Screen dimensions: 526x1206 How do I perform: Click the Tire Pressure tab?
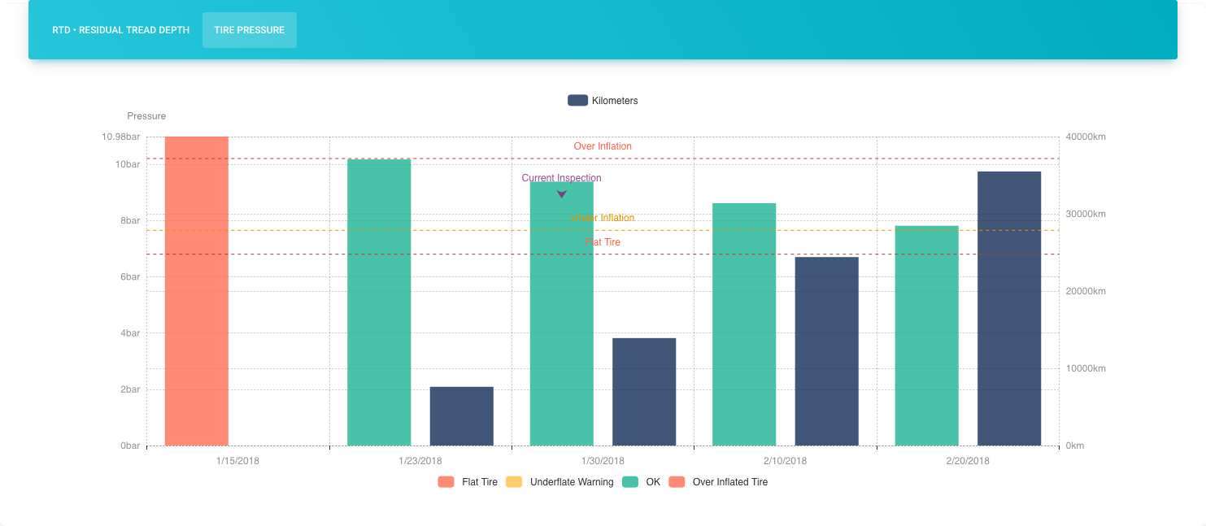pos(249,30)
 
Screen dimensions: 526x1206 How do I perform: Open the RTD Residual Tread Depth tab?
pos(120,30)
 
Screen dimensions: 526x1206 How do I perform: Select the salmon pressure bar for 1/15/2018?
pos(196,291)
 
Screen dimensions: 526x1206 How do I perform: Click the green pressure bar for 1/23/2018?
pos(379,302)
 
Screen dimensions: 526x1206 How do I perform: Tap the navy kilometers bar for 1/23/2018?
pos(461,416)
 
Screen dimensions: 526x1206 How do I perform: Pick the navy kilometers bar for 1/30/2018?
pos(643,392)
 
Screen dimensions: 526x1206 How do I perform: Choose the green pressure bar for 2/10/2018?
pos(744,324)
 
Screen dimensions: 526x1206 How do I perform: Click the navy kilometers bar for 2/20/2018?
pos(1008,309)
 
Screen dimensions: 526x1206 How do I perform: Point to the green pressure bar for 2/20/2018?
pos(926,336)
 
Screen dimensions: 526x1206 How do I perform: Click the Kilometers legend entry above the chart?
pos(603,101)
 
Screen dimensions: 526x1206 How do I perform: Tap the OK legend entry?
pos(642,482)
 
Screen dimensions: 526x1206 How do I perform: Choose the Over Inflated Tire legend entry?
pos(719,482)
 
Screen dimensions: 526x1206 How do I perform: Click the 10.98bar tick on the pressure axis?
pos(121,137)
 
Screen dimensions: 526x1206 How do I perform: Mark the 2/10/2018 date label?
pos(785,461)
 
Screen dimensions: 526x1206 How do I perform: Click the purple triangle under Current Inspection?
pos(561,194)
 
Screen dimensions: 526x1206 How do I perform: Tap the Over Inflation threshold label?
pos(603,146)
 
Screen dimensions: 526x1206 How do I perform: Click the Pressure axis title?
pos(146,116)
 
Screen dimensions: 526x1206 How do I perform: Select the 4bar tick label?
pos(129,333)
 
